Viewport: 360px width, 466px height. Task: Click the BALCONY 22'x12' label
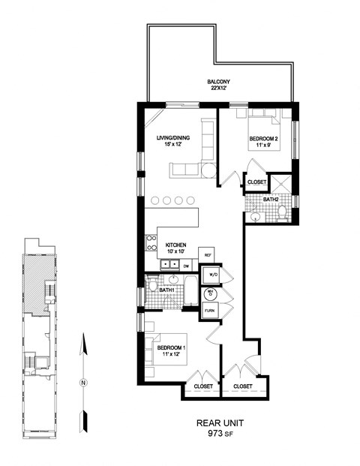pyautogui.click(x=219, y=85)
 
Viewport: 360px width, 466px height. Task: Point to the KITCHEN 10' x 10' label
pyautogui.click(x=176, y=248)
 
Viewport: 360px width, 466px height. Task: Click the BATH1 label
pyautogui.click(x=167, y=290)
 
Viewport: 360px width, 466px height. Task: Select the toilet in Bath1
pyautogui.click(x=153, y=285)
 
